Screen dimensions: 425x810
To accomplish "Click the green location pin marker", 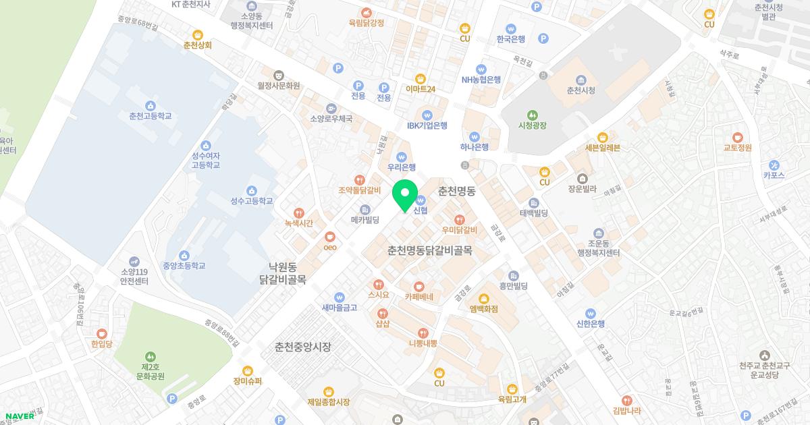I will coord(405,196).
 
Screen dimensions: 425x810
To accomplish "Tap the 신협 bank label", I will coord(420,210).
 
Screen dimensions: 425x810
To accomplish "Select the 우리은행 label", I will coord(402,167).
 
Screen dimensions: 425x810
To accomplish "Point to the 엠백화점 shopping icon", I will coord(483,298).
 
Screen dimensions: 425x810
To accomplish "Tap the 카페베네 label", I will coord(419,296).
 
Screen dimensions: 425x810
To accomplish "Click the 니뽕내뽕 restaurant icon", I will coord(423,333).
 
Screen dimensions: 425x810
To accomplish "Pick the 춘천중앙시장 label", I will coord(303,347).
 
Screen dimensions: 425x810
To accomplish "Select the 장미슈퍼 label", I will coord(248,380).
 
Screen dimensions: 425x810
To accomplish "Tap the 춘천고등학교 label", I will coord(150,116).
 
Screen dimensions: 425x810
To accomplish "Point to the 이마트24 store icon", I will coord(421,78).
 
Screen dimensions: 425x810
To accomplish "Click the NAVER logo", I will coord(20,416).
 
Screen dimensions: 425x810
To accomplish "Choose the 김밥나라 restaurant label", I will coord(626,410).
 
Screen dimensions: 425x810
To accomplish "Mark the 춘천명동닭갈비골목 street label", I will coord(429,250).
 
